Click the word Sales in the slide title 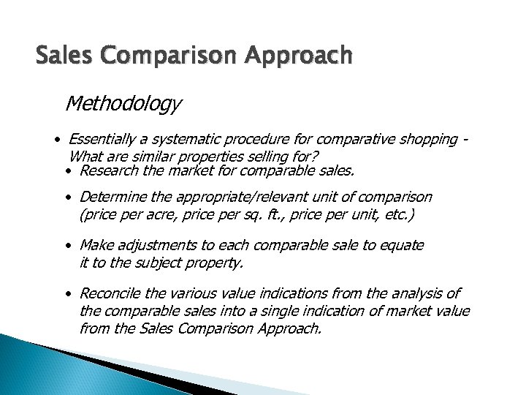pos(61,55)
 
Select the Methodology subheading pos(123,105)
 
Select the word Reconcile pos(112,293)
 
